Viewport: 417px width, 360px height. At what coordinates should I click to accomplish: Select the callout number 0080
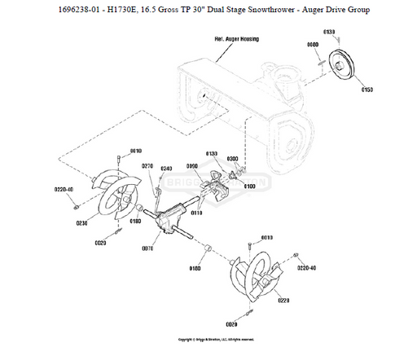[312, 44]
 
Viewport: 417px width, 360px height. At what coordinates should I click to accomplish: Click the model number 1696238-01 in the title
[86, 11]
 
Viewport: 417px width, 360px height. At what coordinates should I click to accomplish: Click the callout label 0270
[147, 165]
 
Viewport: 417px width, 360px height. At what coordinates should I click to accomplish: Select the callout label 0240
[166, 169]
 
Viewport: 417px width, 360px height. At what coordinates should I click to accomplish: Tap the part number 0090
[192, 165]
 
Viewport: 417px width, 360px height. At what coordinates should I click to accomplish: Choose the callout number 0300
[232, 159]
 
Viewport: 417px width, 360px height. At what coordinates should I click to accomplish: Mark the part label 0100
[249, 187]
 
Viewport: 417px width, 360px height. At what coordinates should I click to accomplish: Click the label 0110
[196, 213]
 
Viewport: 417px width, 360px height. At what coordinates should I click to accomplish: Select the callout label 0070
[148, 248]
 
